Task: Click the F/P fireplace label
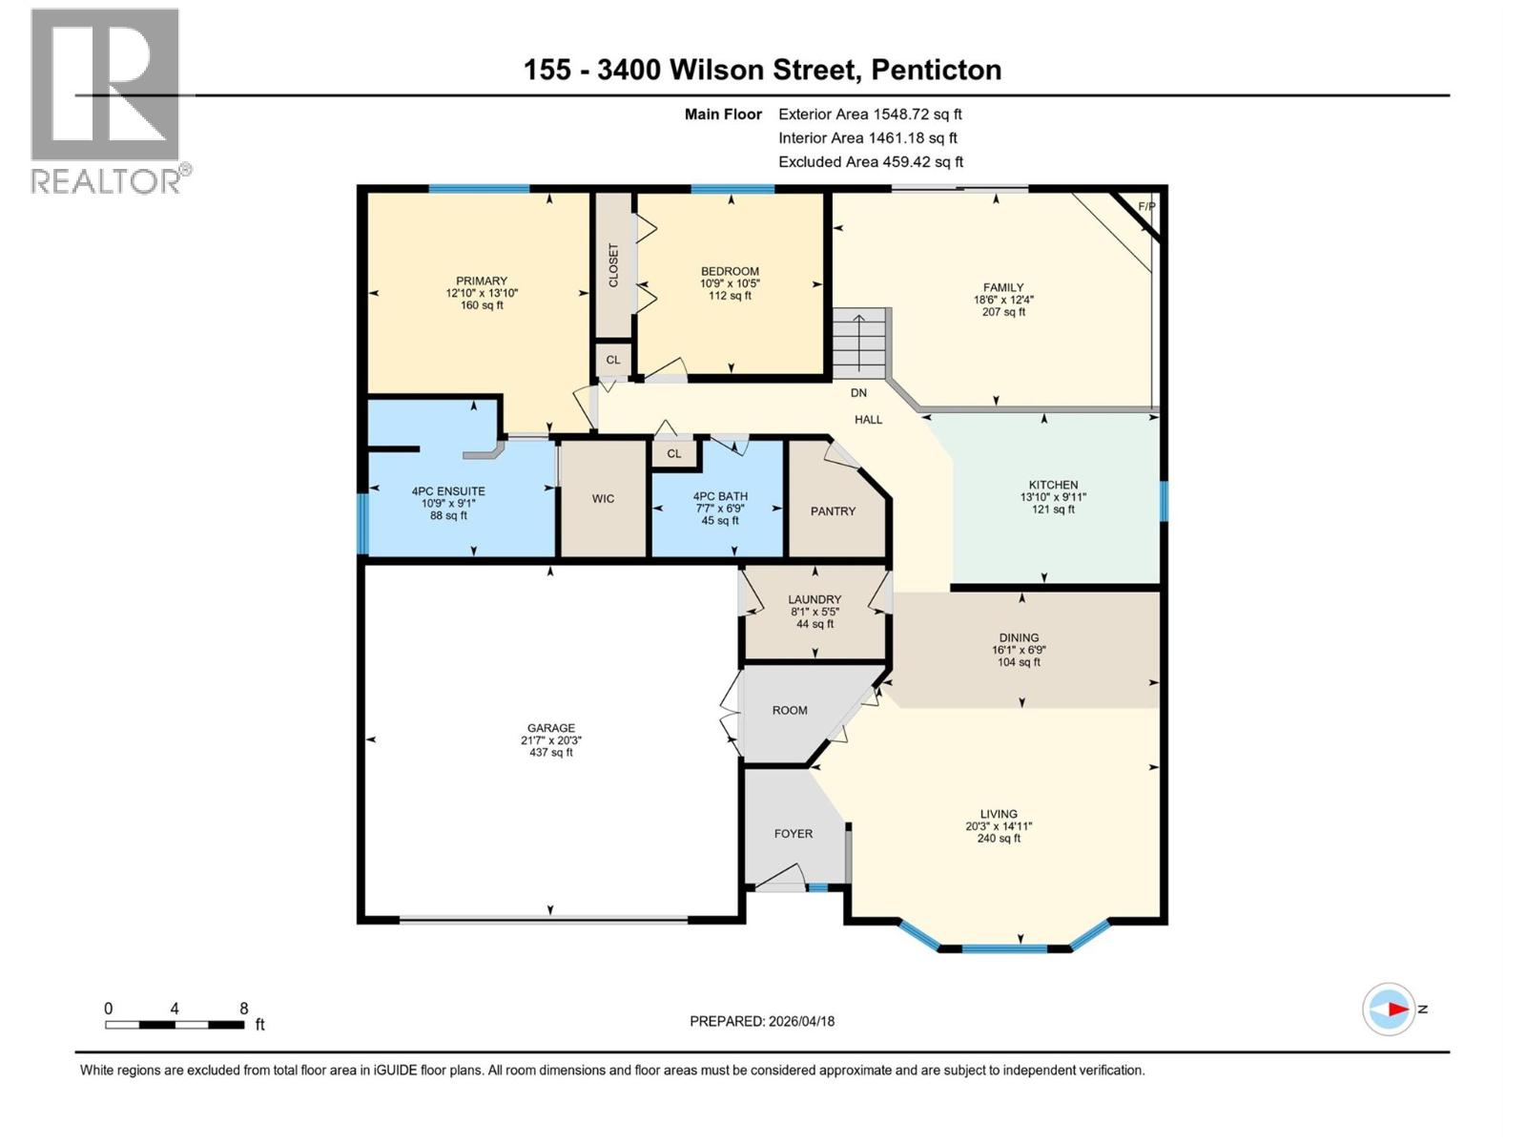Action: click(x=1146, y=207)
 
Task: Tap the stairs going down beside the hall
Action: click(x=859, y=343)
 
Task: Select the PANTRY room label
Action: click(x=833, y=511)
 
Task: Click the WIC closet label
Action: click(x=603, y=499)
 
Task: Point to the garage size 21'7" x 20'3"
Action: click(x=551, y=740)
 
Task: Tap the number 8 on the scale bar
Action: click(x=244, y=1009)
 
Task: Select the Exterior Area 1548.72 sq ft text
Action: click(x=870, y=114)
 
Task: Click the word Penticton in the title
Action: click(x=936, y=70)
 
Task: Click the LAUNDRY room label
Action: click(x=815, y=599)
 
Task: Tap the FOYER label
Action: click(x=794, y=834)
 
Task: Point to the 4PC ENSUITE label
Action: click(x=448, y=491)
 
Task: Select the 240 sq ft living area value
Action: click(x=999, y=839)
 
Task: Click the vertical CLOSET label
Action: click(x=613, y=265)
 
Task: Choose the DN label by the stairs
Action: click(x=858, y=393)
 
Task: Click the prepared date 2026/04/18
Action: click(x=799, y=1021)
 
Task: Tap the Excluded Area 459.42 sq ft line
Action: click(x=870, y=162)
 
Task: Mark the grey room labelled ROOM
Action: click(x=790, y=711)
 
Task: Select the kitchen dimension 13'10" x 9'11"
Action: click(x=1053, y=497)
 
